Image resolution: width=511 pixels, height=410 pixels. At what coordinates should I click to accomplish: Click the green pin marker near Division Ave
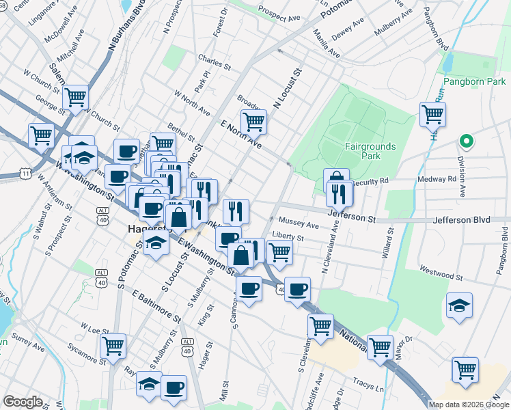(467, 141)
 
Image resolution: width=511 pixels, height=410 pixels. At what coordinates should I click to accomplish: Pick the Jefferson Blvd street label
(471, 221)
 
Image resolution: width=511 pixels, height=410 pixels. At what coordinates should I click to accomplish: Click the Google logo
(23, 402)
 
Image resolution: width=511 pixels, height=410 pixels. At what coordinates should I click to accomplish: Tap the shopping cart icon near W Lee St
(113, 346)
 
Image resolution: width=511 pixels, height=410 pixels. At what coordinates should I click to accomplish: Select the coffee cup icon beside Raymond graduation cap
(174, 387)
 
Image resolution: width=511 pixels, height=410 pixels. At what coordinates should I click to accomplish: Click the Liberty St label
(287, 236)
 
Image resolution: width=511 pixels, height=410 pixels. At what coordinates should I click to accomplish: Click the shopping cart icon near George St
(75, 97)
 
